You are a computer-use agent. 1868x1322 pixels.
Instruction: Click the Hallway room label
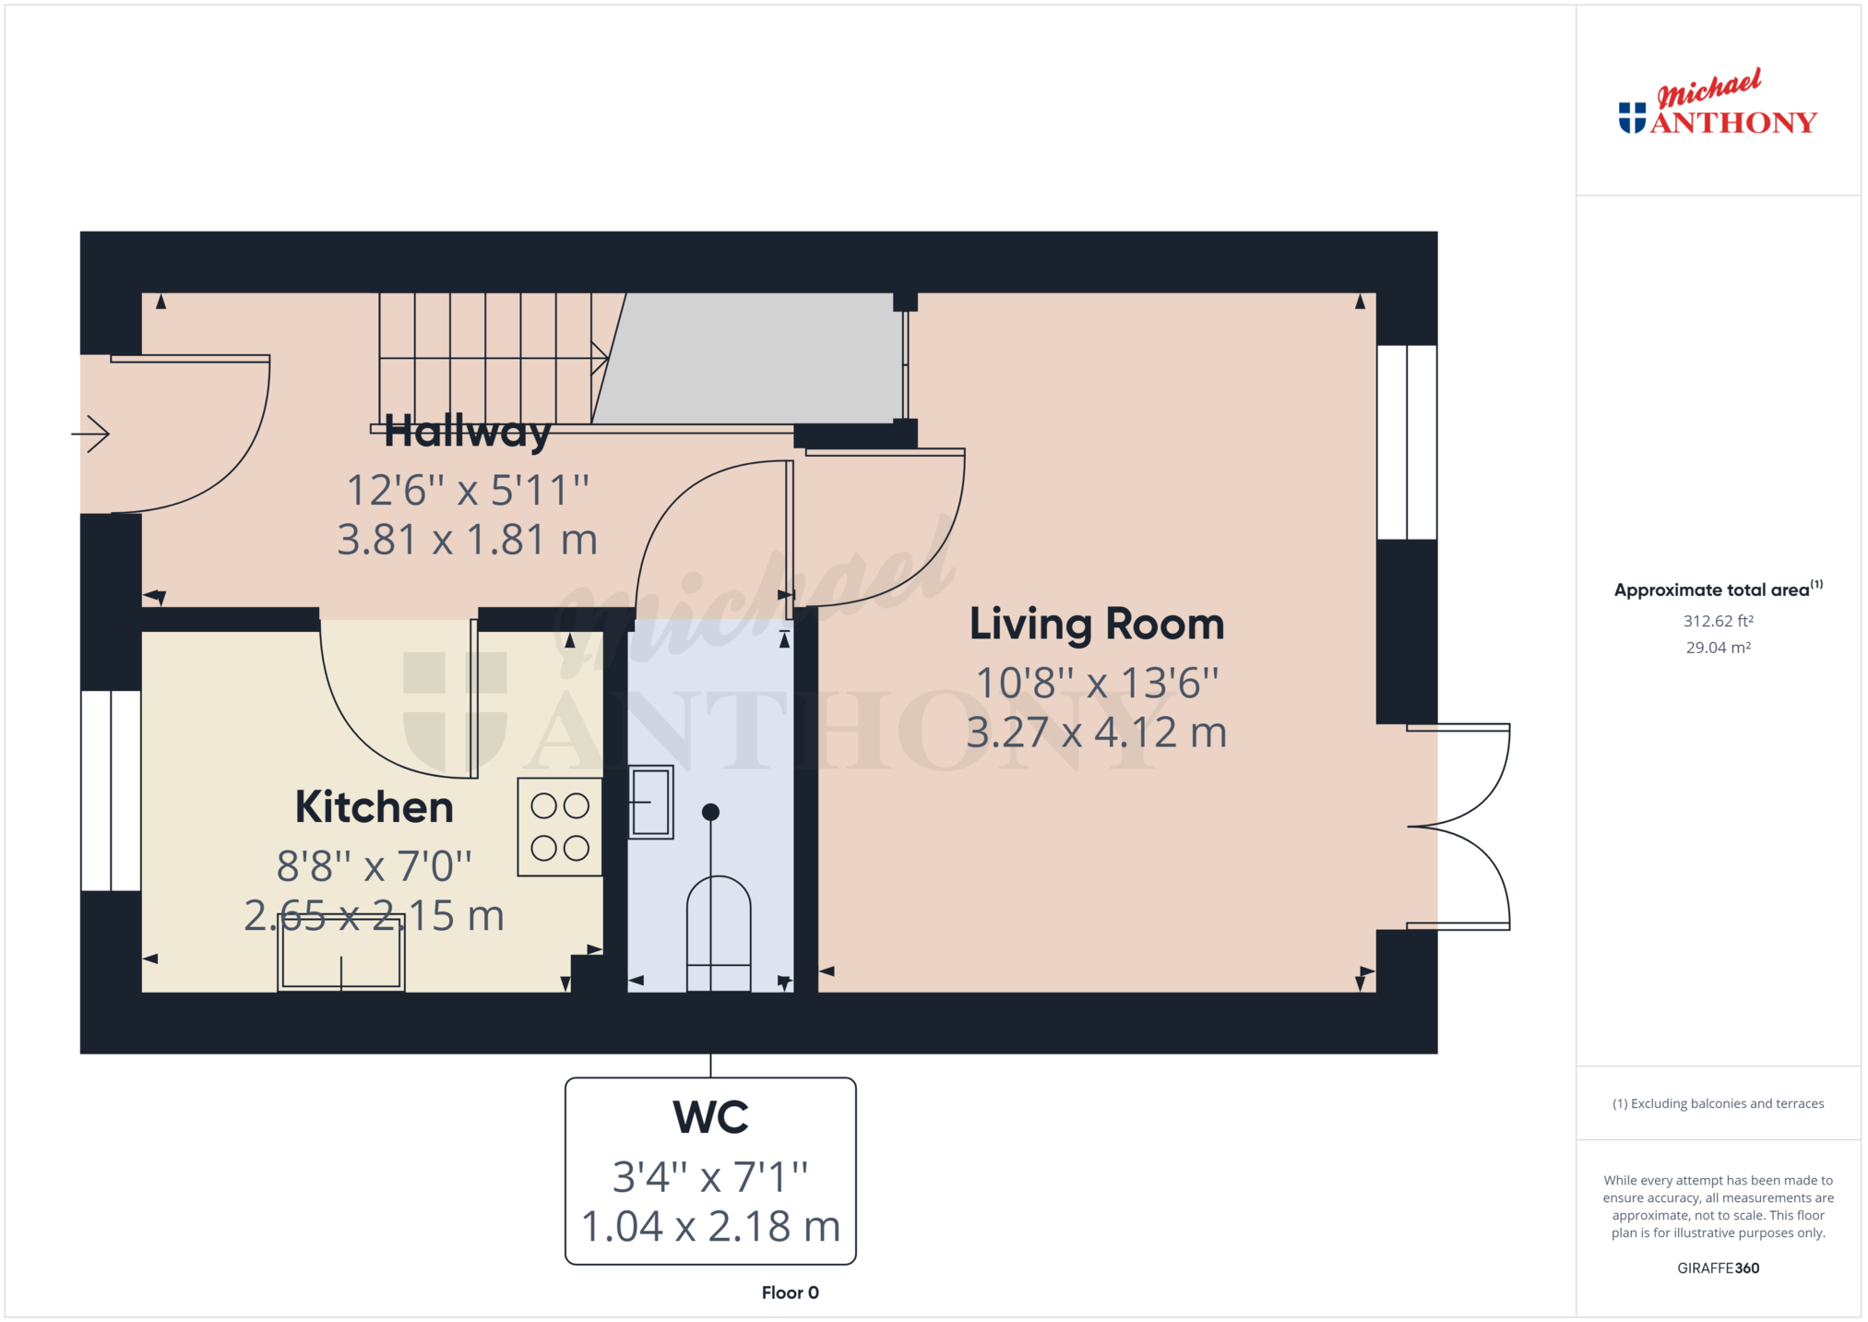[467, 431]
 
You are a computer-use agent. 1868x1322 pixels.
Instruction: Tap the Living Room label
[1097, 624]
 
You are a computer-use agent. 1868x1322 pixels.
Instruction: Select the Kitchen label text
[375, 807]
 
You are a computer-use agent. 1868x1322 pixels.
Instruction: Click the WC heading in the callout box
[710, 1117]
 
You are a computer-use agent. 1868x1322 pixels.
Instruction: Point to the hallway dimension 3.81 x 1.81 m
[467, 540]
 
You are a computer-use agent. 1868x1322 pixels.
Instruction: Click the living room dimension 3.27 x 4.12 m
[1097, 732]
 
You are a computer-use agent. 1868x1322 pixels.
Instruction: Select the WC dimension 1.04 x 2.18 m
[710, 1226]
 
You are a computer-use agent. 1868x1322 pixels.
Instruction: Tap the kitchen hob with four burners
[560, 827]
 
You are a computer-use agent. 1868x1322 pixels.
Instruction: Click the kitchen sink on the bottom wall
[341, 953]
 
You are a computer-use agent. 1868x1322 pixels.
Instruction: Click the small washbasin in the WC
[650, 802]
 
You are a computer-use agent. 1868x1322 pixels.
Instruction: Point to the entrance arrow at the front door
[90, 434]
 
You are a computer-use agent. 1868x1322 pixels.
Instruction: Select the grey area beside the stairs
[747, 358]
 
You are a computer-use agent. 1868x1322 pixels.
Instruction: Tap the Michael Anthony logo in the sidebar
[1718, 102]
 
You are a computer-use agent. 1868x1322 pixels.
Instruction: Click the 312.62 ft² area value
[1719, 621]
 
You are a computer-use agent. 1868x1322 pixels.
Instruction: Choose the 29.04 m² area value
[1719, 648]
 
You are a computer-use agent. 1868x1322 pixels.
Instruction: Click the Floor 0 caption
[790, 1292]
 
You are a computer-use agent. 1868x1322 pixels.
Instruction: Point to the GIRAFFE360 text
[1718, 1268]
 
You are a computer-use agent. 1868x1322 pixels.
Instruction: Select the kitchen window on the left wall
[111, 791]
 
